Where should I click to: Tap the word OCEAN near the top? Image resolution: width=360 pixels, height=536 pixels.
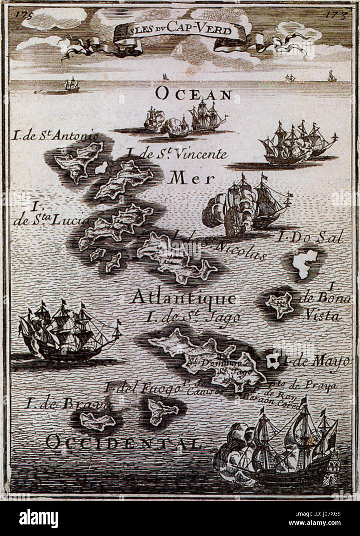[194, 94]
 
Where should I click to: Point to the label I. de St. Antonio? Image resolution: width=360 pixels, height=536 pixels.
[54, 136]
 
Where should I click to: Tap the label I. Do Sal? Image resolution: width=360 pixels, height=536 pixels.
[310, 238]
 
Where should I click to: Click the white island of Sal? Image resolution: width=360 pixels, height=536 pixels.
[305, 264]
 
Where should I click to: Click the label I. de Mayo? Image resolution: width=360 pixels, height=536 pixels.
[315, 362]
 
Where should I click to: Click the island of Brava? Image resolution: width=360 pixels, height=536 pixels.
[98, 421]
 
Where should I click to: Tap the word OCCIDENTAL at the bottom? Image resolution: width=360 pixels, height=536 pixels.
[123, 442]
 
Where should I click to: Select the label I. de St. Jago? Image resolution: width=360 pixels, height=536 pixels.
[193, 317]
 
